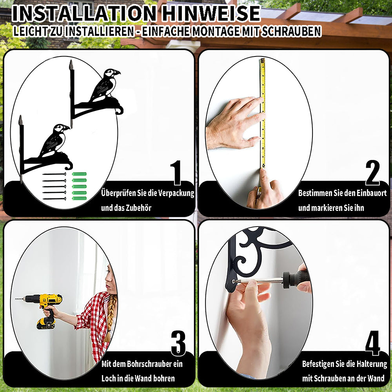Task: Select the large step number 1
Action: pos(176,172)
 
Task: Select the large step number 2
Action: pos(372,172)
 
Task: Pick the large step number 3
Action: pos(178,343)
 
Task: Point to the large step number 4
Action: pos(372,343)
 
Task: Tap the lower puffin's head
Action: pos(60,128)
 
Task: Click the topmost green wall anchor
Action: pos(79,174)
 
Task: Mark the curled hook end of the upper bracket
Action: pos(120,110)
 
